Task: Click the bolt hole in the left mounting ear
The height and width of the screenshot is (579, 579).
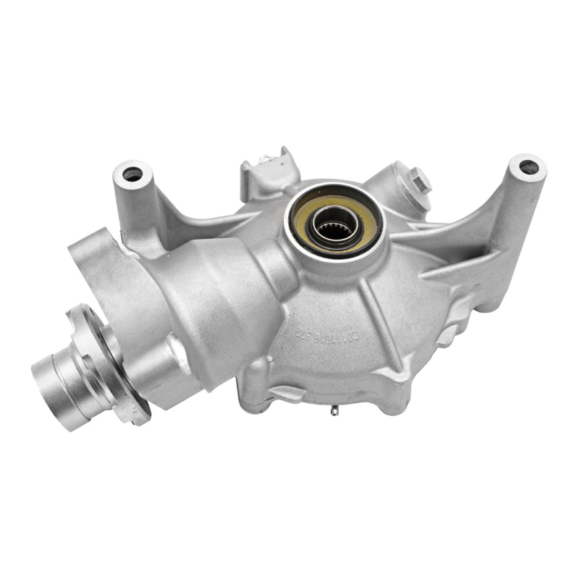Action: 132,174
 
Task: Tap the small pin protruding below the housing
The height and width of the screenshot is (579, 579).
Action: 334,413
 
